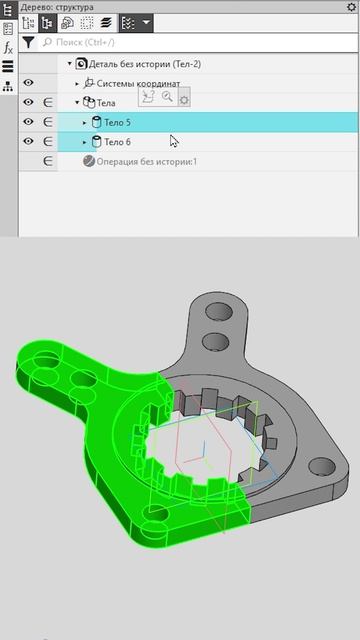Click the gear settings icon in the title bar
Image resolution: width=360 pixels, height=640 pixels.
[351, 7]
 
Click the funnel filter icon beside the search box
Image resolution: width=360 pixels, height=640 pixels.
[28, 42]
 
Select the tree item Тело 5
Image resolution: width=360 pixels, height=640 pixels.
[117, 122]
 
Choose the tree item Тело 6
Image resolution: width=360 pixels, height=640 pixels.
[117, 142]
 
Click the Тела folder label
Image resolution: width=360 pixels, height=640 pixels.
[106, 103]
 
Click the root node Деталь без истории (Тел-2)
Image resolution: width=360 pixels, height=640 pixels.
[145, 64]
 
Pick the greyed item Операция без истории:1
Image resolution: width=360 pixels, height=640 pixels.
[147, 162]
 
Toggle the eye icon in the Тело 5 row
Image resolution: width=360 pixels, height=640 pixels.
[28, 122]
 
